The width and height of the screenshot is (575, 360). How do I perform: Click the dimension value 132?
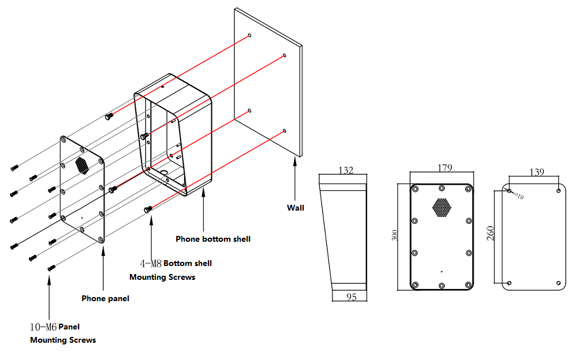click(x=345, y=170)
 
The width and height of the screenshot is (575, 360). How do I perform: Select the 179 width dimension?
click(x=445, y=168)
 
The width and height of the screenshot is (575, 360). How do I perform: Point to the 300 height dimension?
click(x=395, y=235)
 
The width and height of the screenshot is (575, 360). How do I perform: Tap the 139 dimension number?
click(x=537, y=171)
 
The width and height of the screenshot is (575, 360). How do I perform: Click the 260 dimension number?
click(x=490, y=234)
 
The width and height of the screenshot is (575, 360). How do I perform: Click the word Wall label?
click(x=296, y=208)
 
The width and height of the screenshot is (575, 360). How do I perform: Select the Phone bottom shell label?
click(x=213, y=239)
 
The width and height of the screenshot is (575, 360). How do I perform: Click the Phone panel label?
click(x=105, y=298)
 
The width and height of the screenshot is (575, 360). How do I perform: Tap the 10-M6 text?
click(x=43, y=327)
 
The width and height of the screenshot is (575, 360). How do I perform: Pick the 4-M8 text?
click(x=151, y=264)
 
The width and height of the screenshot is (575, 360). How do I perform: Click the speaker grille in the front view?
click(x=442, y=208)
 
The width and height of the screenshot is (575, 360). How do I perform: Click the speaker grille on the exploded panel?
click(x=83, y=165)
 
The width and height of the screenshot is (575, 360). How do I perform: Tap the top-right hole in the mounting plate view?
click(x=558, y=190)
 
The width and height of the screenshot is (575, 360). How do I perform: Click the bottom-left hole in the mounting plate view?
click(x=509, y=283)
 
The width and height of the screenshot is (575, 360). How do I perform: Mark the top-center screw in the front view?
click(x=442, y=188)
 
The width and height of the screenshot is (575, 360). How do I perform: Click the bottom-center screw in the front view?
click(x=442, y=285)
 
